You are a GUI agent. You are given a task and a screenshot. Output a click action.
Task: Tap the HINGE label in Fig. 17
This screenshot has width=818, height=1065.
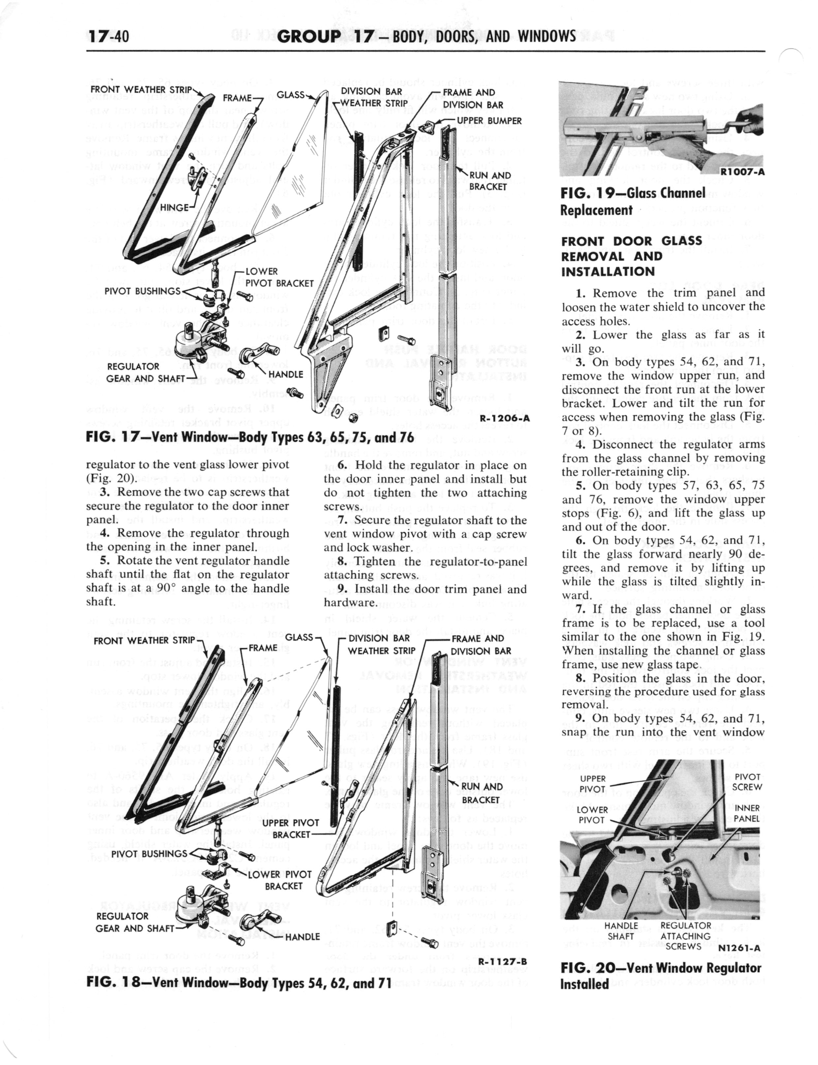(174, 208)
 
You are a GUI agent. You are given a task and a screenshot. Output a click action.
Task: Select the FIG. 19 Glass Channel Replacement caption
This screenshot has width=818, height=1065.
(633, 202)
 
